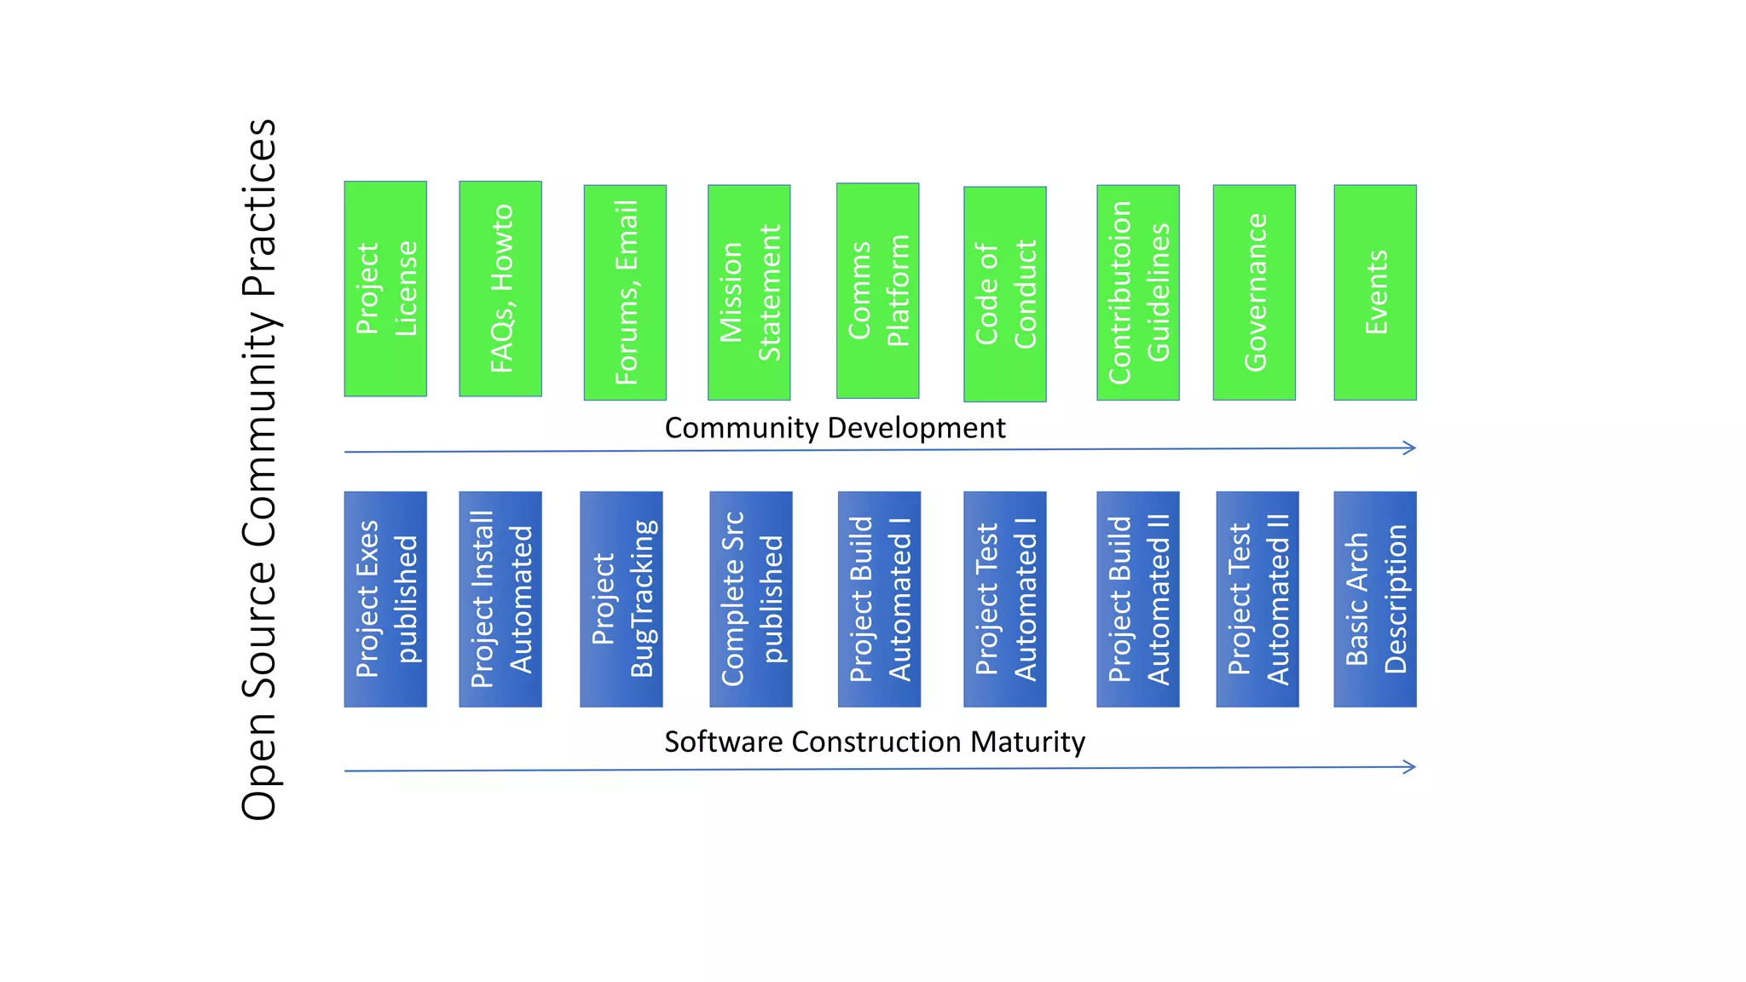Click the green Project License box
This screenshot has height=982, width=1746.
point(385,288)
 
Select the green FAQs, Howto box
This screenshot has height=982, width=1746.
point(500,288)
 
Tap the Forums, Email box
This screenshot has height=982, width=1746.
point(625,292)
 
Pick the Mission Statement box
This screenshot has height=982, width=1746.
point(749,292)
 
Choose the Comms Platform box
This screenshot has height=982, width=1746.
point(877,291)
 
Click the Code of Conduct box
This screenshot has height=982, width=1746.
point(1004,294)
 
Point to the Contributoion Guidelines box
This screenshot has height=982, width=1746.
point(1137,292)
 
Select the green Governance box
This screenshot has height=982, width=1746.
point(1254,292)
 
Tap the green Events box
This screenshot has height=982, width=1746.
point(1374,292)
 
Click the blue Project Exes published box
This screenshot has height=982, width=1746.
point(385,598)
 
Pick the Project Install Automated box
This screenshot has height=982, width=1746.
point(500,598)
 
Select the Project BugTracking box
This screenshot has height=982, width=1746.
point(621,598)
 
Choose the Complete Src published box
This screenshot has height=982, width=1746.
point(750,598)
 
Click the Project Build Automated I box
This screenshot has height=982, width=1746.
point(879,598)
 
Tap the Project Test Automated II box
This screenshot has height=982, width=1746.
point(1257,598)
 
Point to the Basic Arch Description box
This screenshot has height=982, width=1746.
point(1374,598)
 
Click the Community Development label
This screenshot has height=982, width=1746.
point(835,428)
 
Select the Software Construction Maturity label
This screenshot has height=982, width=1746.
point(874,742)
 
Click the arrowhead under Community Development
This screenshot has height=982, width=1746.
point(1410,448)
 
